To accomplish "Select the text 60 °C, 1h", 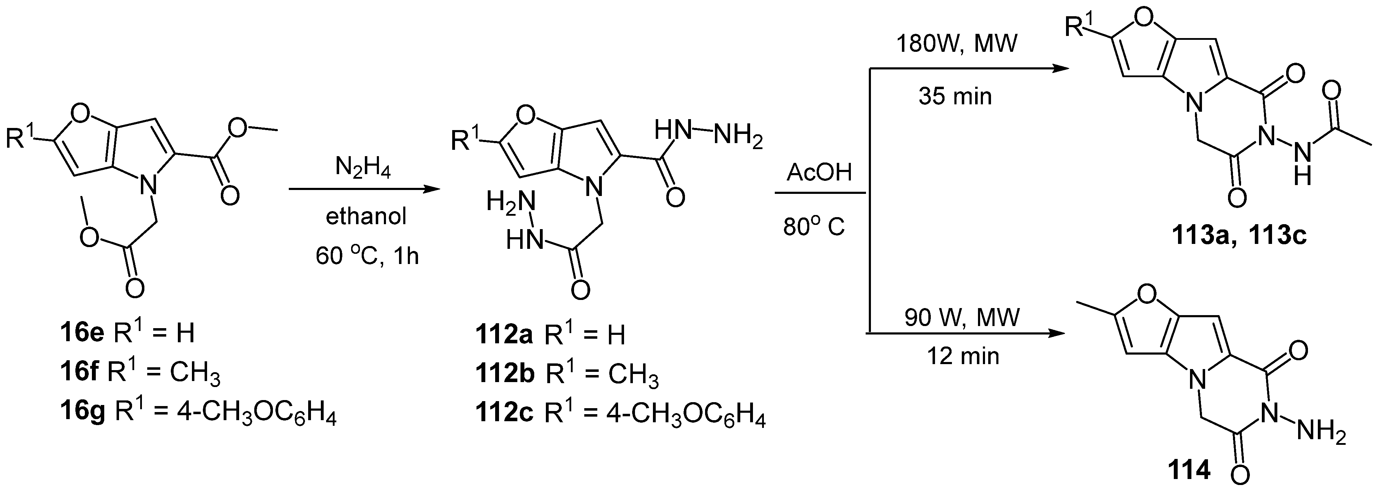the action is [367, 256].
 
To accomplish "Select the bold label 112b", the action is [505, 374].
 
